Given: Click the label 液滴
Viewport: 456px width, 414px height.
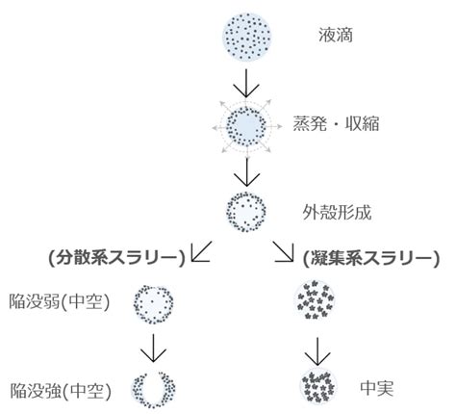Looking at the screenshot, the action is [336, 35].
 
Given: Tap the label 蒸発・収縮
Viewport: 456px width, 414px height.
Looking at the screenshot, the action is [336, 124].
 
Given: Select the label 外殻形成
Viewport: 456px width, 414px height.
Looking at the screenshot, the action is [337, 213].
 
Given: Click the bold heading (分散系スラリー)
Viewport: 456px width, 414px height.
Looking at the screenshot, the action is [117, 258].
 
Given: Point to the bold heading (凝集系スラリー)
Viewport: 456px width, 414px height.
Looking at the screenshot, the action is [371, 258].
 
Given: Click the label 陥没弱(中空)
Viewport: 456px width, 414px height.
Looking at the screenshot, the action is [60, 301].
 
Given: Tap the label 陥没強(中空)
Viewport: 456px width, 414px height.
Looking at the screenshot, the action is [61, 391].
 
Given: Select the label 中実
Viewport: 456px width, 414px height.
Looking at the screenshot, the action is [377, 388].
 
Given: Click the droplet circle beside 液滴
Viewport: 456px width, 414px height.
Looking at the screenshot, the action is [247, 37].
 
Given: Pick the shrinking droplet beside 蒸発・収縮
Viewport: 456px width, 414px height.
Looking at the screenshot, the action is [246, 126].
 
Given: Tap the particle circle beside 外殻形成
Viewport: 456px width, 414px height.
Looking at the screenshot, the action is [246, 212].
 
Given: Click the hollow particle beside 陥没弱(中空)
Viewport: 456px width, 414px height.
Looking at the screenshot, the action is [153, 303].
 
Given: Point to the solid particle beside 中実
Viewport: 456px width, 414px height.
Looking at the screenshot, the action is [318, 386].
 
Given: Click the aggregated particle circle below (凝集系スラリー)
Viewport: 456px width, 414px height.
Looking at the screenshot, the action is [315, 299].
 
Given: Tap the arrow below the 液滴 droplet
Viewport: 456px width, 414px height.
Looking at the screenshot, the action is [246, 83].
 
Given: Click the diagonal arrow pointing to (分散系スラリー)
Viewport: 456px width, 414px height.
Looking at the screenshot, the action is [201, 251].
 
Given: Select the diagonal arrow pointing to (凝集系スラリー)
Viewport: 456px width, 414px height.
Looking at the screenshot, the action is [284, 251].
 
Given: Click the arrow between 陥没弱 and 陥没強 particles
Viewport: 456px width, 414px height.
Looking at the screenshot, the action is [153, 348].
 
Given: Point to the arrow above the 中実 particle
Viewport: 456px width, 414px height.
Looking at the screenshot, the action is [317, 351].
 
